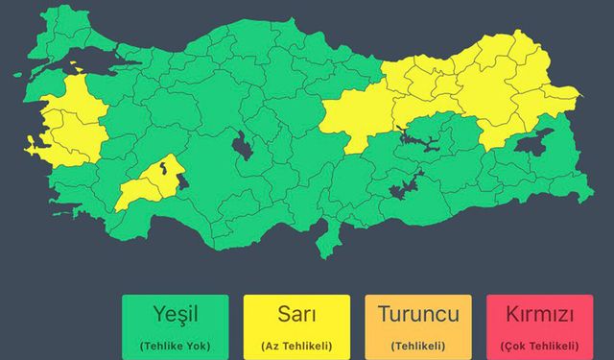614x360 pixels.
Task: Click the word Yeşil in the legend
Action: tap(175, 314)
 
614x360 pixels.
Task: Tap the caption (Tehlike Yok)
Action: tap(175, 345)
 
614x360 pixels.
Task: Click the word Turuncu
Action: tap(418, 314)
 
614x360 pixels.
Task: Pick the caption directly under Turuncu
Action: tap(418, 345)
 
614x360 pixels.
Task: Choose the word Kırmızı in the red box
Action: tap(538, 314)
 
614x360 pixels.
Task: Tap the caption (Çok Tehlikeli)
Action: tap(538, 345)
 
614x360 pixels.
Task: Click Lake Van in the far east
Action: tap(533, 145)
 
